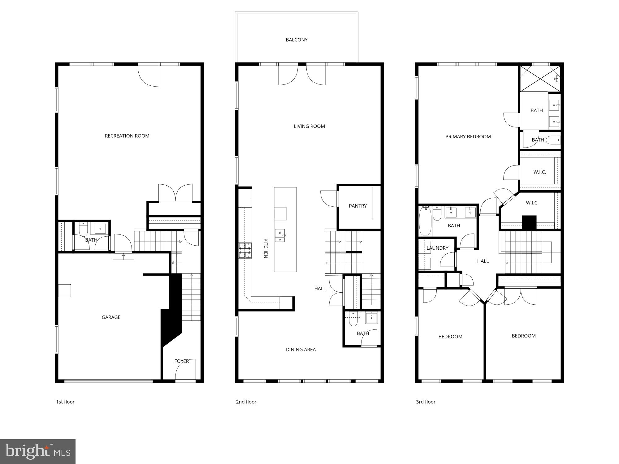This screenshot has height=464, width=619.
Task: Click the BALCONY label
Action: coord(297,40)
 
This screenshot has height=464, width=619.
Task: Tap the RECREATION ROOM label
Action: coord(127,136)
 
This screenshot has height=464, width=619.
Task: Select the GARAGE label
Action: coord(111,317)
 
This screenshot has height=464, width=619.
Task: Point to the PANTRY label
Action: coord(357,206)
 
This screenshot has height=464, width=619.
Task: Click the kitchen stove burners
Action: coord(245,251)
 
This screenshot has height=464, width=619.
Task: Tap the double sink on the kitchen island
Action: coord(280,235)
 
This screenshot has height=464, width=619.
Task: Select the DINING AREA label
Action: coord(301,350)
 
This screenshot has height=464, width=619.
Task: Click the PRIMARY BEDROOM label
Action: coord(468,136)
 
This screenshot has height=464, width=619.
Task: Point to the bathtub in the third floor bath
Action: coord(425,221)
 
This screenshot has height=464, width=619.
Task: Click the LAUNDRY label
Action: coord(437,248)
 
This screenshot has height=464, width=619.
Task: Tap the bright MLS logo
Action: coord(38,451)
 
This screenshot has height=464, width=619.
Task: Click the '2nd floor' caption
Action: coord(246,402)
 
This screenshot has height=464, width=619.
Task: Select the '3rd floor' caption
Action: coord(426,402)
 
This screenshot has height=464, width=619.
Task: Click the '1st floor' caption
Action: coord(65,402)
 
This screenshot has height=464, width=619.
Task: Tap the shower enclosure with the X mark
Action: coord(540,79)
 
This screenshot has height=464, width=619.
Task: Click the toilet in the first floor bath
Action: coord(83,229)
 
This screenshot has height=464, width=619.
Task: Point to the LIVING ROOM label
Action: coord(309,126)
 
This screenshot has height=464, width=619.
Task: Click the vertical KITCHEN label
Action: coord(266,248)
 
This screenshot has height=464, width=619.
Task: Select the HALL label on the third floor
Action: coord(483,261)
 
